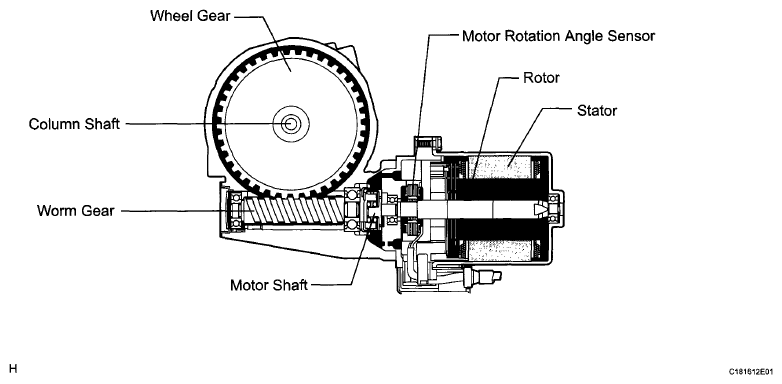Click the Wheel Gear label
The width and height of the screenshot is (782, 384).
click(190, 16)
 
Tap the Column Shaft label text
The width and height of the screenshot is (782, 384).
click(74, 124)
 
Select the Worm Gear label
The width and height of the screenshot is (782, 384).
click(76, 210)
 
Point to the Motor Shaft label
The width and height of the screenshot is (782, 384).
click(269, 285)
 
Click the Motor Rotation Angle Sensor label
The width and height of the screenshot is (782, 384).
click(558, 36)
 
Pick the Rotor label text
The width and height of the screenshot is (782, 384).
click(541, 78)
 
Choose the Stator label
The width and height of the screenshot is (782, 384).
click(596, 110)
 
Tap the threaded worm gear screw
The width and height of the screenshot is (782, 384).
click(295, 211)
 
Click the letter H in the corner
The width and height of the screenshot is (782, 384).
click(13, 369)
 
